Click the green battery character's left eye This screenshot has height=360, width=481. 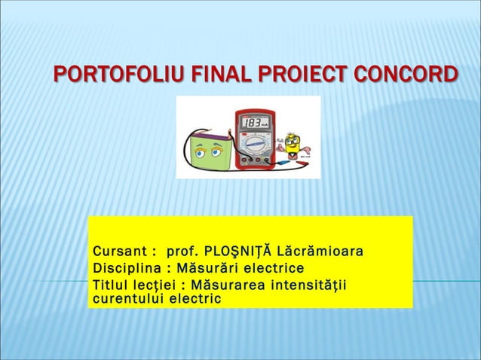[x=199, y=152]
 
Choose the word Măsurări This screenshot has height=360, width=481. [x=201, y=268]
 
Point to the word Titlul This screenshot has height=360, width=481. [x=110, y=285]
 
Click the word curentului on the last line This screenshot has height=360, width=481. [x=127, y=299]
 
